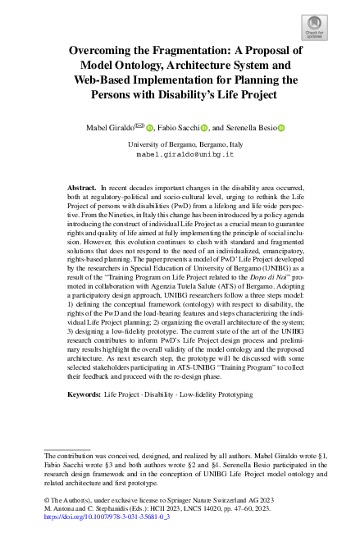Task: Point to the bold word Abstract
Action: [80, 189]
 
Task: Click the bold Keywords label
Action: [84, 395]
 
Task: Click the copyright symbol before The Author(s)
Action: [47, 499]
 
